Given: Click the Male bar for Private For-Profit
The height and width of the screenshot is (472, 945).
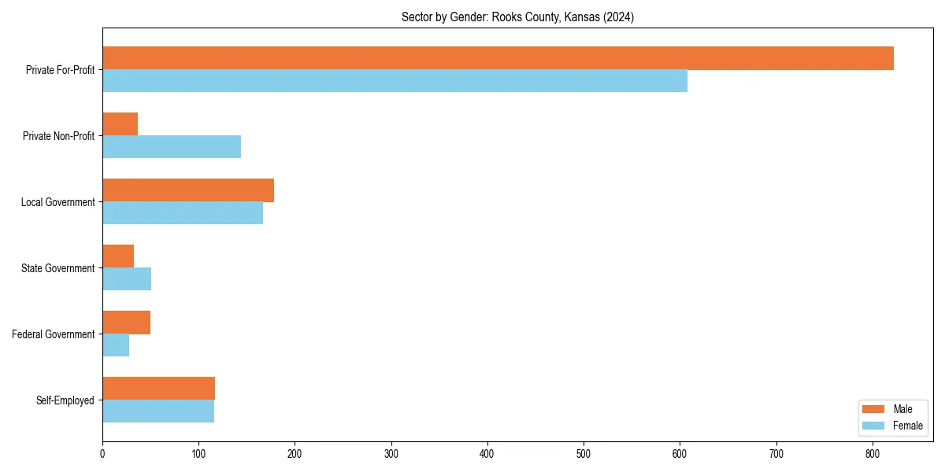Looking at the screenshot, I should tap(498, 58).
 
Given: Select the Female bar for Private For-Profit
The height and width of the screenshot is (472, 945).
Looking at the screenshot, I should tap(395, 81).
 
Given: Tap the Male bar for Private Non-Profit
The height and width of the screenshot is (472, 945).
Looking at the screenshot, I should tap(120, 124).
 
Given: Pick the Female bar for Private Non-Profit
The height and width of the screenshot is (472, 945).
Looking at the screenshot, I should tap(172, 147).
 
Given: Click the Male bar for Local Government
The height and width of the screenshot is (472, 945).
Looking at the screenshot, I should tap(188, 190).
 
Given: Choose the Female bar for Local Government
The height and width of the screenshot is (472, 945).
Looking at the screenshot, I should tap(183, 213).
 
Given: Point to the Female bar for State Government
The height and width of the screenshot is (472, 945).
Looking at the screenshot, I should tap(127, 279).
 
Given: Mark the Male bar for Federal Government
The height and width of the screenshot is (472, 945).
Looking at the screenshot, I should tap(126, 323).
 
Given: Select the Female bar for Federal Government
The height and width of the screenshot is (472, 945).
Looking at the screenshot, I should tap(116, 345).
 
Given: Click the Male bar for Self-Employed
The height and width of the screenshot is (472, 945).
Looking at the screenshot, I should tap(158, 389).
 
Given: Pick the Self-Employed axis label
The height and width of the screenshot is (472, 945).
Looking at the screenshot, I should tap(65, 400).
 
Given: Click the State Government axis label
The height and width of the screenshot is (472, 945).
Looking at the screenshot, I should tap(57, 268).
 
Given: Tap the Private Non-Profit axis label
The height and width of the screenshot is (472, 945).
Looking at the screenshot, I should tap(60, 136).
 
